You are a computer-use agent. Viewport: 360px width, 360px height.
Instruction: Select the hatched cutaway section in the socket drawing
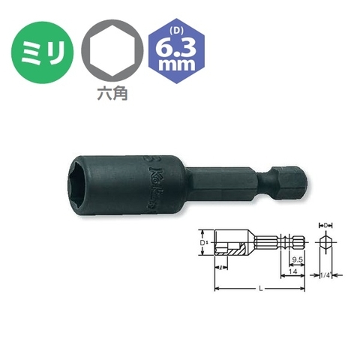(x=235, y=255)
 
